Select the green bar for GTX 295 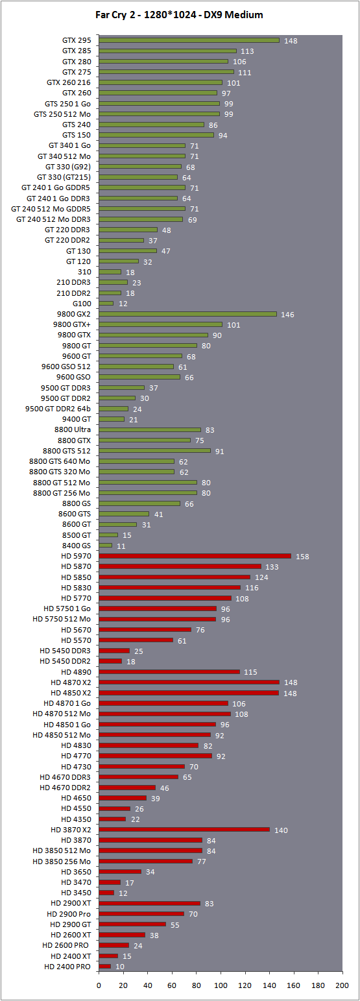pyautogui.click(x=189, y=40)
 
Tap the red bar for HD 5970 pyautogui.click(x=195, y=556)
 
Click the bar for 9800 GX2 pyautogui.click(x=187, y=314)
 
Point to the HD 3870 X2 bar pyautogui.click(x=184, y=829)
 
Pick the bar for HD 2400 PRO pyautogui.click(x=105, y=966)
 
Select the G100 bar pyautogui.click(x=106, y=304)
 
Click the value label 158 pyautogui.click(x=302, y=557)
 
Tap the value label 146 pyautogui.click(x=287, y=315)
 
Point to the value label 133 pyautogui.click(x=272, y=566)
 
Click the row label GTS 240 pyautogui.click(x=77, y=125)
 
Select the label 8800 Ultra pyautogui.click(x=73, y=429)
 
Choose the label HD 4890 pyautogui.click(x=76, y=671)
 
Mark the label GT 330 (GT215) pyautogui.click(x=64, y=177)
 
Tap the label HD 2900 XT pyautogui.click(x=71, y=903)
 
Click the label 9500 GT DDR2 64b pyautogui.click(x=58, y=409)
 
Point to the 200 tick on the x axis pyautogui.click(x=342, y=985)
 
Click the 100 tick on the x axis pyautogui.click(x=221, y=985)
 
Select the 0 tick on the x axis pyautogui.click(x=99, y=985)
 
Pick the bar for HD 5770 pyautogui.click(x=165, y=598)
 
